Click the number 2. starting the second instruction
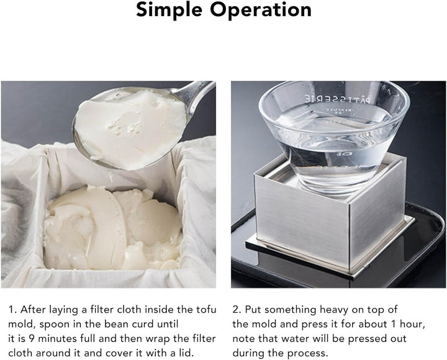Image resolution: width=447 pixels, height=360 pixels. [237, 309]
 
